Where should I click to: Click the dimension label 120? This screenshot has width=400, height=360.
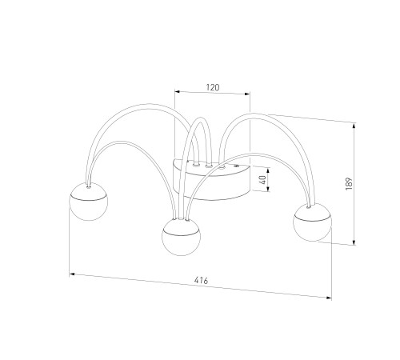coord(213,87)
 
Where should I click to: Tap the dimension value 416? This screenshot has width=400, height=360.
coord(201,280)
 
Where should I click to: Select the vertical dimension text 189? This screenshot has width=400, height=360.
coord(349,183)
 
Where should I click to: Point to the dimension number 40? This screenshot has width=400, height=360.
coord(262,180)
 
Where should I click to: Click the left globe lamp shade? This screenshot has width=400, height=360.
coord(89,202)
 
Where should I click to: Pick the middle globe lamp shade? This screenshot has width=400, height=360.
coord(182,237)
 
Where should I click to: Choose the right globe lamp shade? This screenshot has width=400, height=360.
coord(312,222)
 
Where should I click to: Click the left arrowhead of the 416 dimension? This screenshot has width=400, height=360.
coord(71,274)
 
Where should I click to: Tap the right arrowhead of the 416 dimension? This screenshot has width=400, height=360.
coord(329,298)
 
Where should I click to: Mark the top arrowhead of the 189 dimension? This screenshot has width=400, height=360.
coord(354,126)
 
